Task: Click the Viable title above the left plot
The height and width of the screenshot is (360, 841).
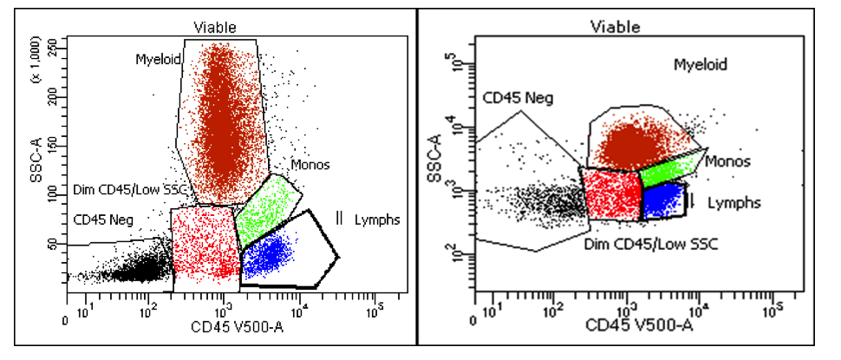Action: pos(216,28)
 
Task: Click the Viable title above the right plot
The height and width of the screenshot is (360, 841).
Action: pos(616,27)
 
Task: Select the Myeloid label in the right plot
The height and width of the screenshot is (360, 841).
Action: pos(701,64)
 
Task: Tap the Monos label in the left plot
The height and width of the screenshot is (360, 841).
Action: pos(310,164)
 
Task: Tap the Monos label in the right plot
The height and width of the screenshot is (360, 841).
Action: pos(727,161)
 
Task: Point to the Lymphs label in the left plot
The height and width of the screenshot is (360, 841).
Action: pos(377,219)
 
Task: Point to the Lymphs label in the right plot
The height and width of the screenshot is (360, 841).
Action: pos(734,202)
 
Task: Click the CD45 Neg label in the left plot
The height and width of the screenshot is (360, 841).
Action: pos(101,219)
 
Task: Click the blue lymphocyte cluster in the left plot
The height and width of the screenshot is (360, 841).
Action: pos(267,255)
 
